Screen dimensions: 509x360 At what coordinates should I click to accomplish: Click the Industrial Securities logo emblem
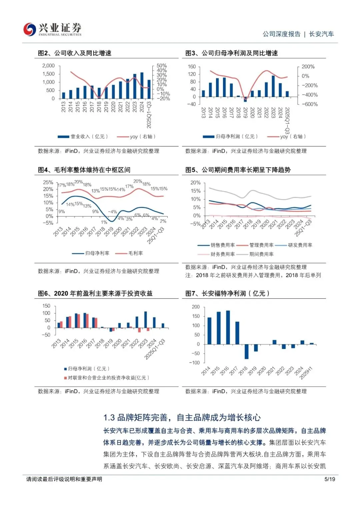coord(30,29)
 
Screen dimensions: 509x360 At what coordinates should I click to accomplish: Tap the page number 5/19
coord(330,479)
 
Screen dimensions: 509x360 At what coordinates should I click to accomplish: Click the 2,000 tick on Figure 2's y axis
coord(49,66)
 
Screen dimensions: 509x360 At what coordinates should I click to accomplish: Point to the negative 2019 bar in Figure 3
coord(245,99)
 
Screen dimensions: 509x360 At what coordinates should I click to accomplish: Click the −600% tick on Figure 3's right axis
coord(310,104)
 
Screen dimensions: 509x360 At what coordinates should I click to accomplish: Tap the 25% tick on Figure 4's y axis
coord(48,182)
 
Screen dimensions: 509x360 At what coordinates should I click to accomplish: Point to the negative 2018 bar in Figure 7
coord(247,351)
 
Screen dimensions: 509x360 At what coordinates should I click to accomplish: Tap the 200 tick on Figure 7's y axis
coord(196,307)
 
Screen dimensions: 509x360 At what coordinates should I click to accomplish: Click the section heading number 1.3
coord(109,418)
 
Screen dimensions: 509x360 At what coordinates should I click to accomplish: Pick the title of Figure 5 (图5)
coord(238,170)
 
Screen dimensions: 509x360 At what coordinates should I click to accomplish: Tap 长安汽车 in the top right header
coord(321,34)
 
